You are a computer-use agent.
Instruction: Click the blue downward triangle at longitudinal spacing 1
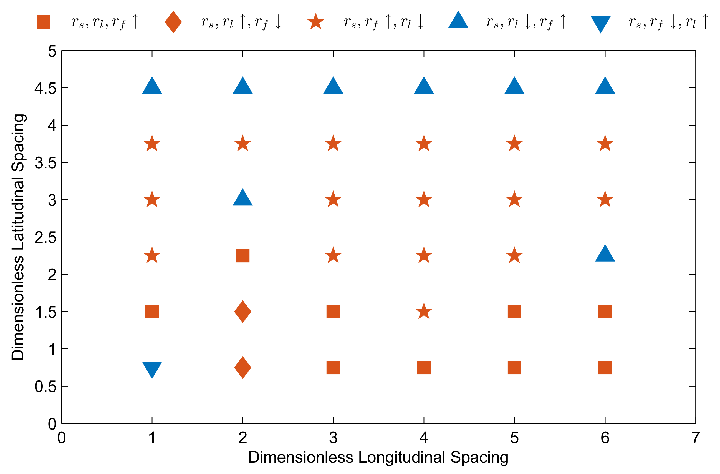[x=152, y=369]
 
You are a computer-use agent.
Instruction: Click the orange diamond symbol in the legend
[x=173, y=22]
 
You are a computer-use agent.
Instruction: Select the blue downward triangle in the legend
[x=600, y=24]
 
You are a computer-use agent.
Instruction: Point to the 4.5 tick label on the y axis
[x=46, y=88]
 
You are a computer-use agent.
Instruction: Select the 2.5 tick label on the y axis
[x=46, y=238]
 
